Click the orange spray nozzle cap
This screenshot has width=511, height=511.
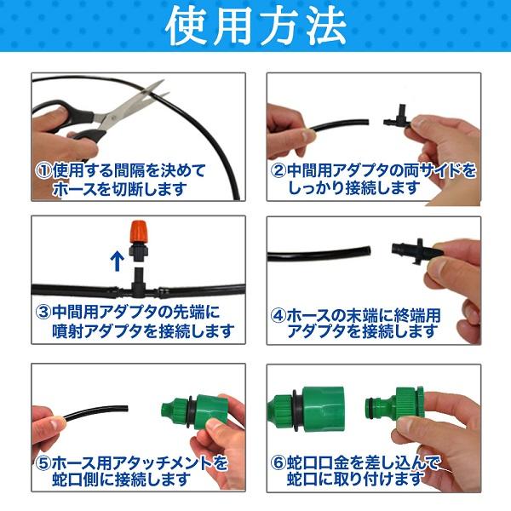click(141, 233)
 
